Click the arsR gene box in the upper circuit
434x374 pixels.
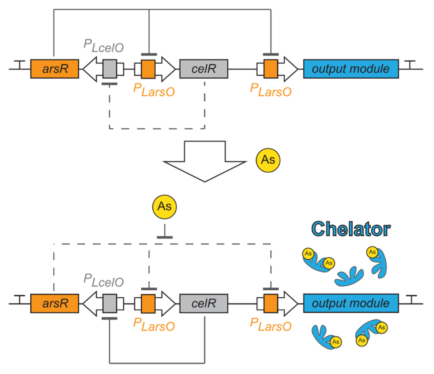[x=55, y=69]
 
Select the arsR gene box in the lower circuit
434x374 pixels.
[x=55, y=303]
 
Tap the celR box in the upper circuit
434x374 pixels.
[x=203, y=69]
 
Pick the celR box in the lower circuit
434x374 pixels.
[x=203, y=303]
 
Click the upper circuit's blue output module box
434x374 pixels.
[x=351, y=69]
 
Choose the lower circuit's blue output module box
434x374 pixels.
[x=351, y=303]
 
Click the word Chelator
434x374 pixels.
[x=351, y=229]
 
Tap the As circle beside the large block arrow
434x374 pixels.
[x=268, y=160]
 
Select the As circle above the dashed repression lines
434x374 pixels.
[x=164, y=207]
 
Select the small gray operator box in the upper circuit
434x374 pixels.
[x=110, y=69]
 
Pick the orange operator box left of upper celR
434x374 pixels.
[x=148, y=69]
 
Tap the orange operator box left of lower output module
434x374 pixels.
[x=271, y=303]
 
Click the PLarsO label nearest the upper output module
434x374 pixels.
[x=271, y=90]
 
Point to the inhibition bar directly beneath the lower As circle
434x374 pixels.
[x=165, y=237]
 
